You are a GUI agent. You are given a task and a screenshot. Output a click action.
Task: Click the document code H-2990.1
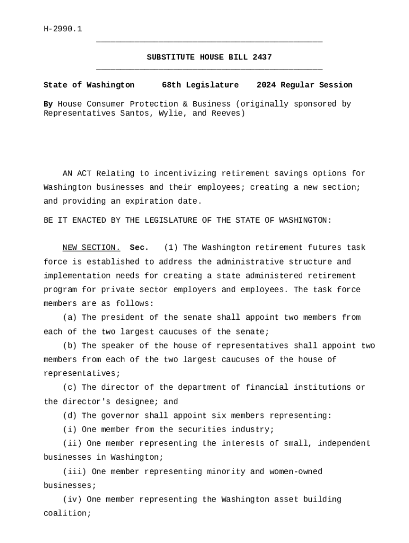click(x=63, y=29)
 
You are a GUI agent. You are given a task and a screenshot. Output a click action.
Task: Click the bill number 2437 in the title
click(x=262, y=57)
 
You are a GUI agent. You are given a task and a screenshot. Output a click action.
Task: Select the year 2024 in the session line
click(x=266, y=85)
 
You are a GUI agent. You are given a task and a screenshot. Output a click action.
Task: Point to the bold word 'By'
click(x=48, y=104)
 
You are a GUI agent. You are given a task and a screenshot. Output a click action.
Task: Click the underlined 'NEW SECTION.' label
click(x=91, y=248)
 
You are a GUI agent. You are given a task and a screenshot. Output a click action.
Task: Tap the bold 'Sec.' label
click(x=139, y=248)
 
